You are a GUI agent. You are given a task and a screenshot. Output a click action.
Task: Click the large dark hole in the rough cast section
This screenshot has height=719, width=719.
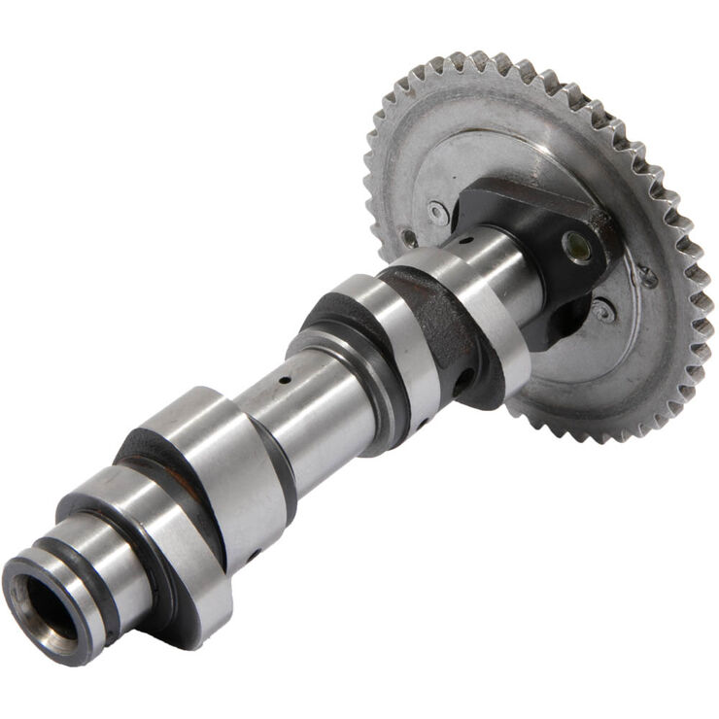pyautogui.click(x=464, y=376)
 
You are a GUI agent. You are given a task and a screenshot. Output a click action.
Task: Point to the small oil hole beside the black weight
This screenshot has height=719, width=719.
pyautogui.click(x=467, y=239)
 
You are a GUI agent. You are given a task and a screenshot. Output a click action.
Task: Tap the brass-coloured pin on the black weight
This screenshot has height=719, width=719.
pyautogui.click(x=577, y=247)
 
